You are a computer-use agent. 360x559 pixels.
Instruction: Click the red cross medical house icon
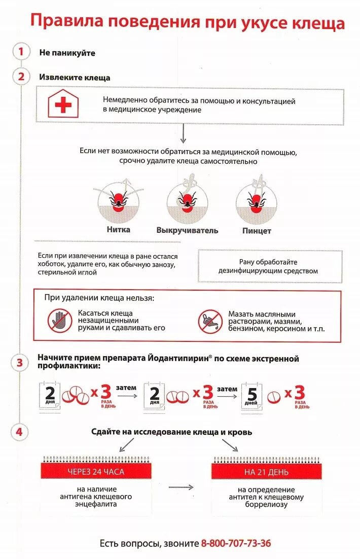click(63, 104)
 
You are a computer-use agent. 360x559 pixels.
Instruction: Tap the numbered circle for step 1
click(21, 52)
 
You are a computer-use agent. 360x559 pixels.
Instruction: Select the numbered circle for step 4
click(20, 432)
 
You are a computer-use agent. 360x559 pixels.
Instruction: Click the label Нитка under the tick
click(119, 229)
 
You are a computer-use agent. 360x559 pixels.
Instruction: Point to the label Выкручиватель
click(187, 230)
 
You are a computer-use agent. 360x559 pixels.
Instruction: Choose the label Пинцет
click(257, 231)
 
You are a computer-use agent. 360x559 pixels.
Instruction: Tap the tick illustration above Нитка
click(118, 199)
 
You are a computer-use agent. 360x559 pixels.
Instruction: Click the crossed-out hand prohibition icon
click(60, 321)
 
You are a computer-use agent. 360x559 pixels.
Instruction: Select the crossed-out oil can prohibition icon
click(210, 322)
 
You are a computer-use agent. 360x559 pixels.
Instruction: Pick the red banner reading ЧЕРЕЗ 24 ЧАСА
click(96, 472)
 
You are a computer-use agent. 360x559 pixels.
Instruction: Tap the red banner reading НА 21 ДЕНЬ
click(266, 472)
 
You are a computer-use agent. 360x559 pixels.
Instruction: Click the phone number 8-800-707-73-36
click(236, 543)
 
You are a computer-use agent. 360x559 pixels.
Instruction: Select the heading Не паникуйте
click(67, 52)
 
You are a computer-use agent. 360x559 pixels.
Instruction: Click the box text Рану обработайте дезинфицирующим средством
click(268, 266)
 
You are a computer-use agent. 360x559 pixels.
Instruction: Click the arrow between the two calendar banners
click(181, 487)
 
